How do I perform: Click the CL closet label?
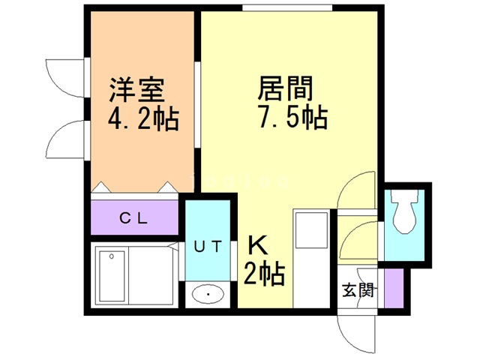(134, 219)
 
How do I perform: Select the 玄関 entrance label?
(358, 290)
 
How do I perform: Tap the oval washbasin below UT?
(208, 295)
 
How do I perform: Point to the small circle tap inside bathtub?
(112, 257)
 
